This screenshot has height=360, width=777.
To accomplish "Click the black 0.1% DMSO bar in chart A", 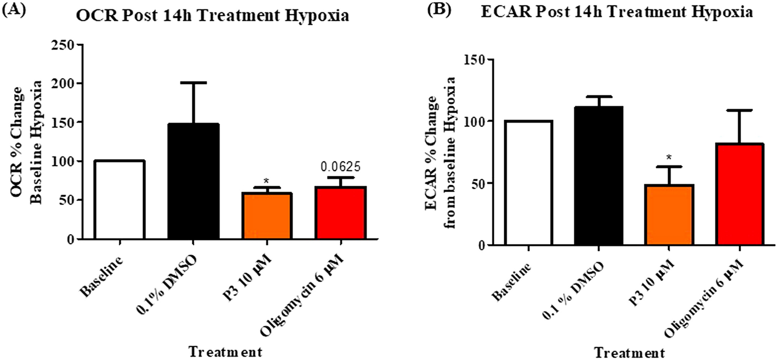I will pos(193,183).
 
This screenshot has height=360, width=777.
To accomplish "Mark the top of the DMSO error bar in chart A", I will pos(193,83).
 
